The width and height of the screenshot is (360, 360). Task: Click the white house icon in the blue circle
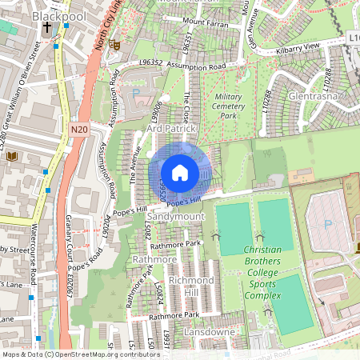[180, 172]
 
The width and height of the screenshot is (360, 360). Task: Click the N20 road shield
[78, 129]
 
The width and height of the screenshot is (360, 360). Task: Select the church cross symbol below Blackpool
[47, 28]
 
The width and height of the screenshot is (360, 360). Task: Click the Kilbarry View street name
[298, 48]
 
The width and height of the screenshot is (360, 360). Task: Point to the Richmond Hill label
[191, 286]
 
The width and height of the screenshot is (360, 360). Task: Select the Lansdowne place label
[208, 331]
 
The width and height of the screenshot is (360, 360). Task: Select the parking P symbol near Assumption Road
[134, 94]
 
